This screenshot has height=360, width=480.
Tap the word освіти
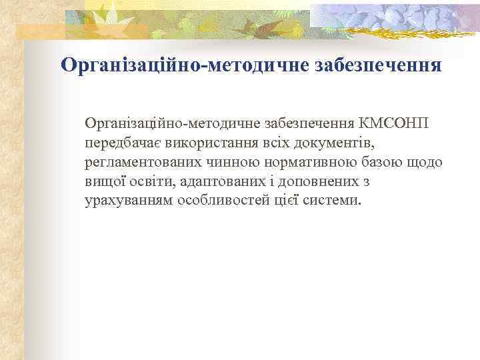tap(152, 181)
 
